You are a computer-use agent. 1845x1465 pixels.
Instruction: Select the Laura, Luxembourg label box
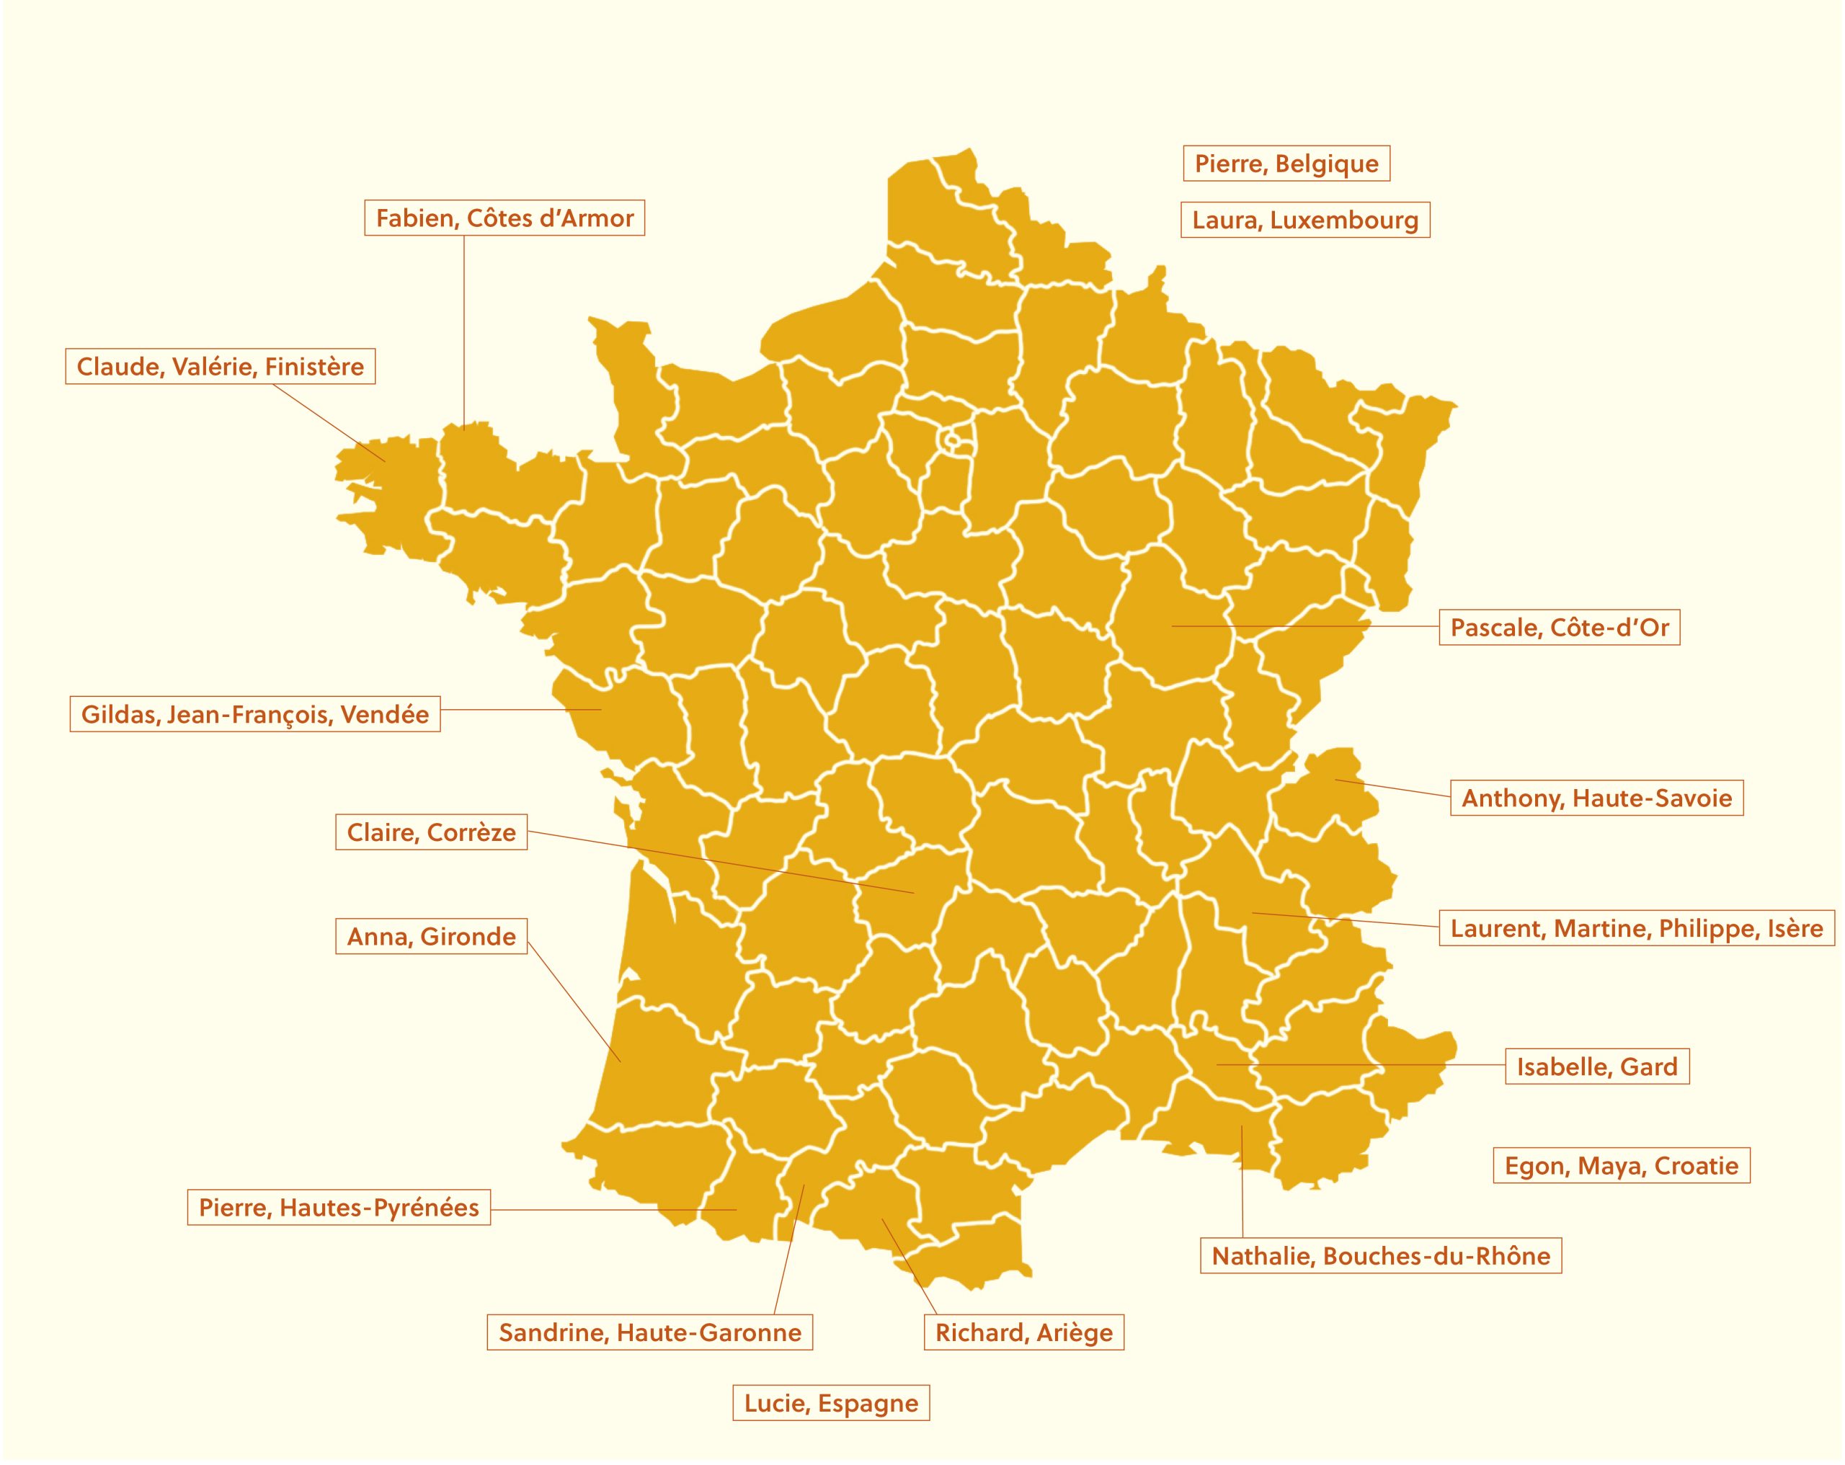coord(1304,220)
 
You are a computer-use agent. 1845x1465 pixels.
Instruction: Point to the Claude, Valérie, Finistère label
coord(220,366)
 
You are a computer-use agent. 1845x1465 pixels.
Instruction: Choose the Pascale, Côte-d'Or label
coord(1558,627)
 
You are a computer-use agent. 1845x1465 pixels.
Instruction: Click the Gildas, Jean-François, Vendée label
coord(254,713)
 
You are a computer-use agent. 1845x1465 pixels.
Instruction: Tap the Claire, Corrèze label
coord(430,832)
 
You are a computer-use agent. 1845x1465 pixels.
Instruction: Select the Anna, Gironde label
coord(430,936)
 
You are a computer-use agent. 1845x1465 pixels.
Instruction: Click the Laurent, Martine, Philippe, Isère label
coord(1636,927)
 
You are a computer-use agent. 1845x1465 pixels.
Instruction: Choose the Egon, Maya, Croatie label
coord(1621,1165)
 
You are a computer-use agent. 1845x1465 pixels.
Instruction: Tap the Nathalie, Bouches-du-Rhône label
coord(1380,1255)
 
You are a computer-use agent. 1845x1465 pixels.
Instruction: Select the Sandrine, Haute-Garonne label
coord(649,1332)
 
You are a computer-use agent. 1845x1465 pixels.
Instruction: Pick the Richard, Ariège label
coord(1023,1332)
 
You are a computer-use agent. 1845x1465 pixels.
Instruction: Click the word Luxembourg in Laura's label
coord(1343,220)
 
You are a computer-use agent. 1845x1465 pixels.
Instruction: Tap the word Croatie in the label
coord(1696,1165)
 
